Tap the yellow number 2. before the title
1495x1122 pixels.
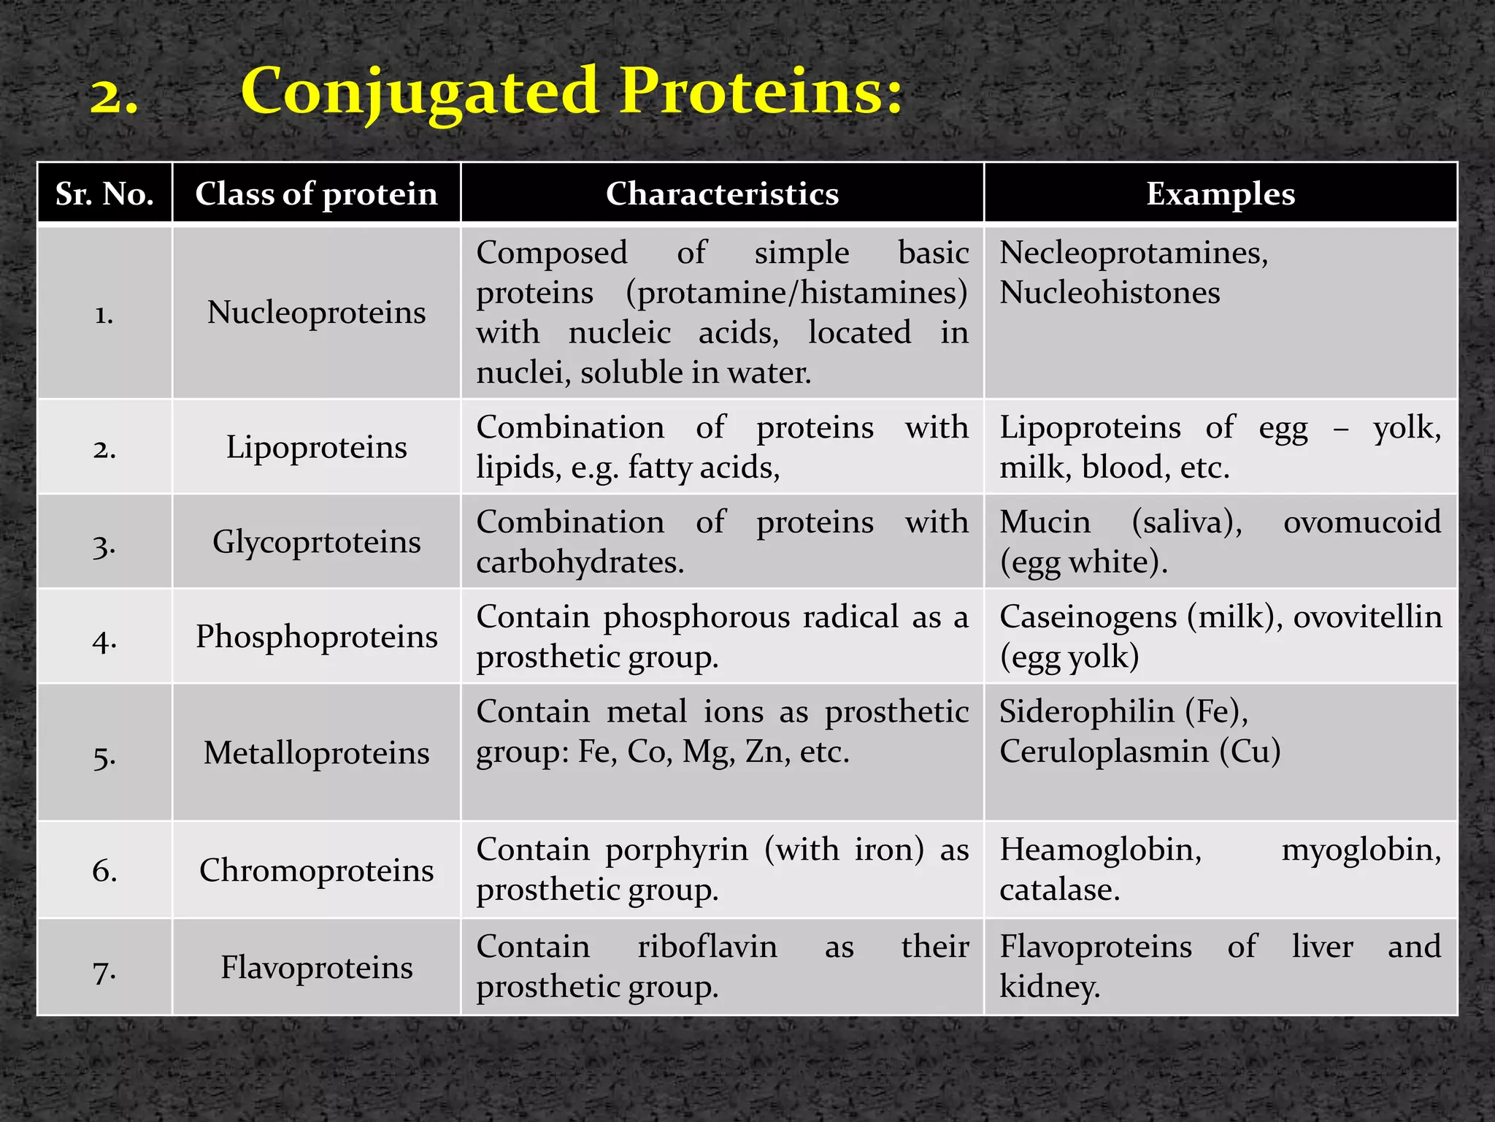coord(114,96)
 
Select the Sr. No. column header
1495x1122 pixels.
coord(104,194)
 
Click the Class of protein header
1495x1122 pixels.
coord(316,194)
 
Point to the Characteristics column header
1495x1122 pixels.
coord(722,194)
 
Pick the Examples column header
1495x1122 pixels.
coord(1220,194)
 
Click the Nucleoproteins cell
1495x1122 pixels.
coord(316,313)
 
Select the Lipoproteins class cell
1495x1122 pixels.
coord(316,447)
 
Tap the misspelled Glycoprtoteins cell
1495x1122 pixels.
coord(316,542)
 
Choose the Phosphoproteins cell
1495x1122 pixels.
coord(316,636)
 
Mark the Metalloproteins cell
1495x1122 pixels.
coord(316,753)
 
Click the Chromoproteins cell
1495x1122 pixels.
coord(316,870)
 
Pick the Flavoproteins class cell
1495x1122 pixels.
coord(316,967)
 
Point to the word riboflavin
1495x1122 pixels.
coord(707,947)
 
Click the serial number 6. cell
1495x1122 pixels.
coord(104,870)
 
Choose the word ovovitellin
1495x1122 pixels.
coord(1367,617)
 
